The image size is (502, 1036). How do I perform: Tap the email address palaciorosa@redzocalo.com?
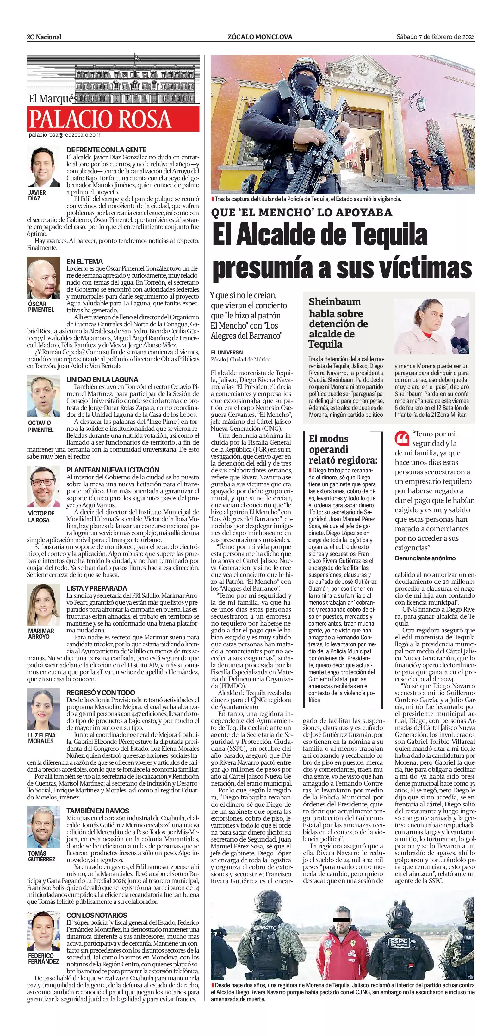click(x=64, y=135)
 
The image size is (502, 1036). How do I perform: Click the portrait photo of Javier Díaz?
click(x=43, y=167)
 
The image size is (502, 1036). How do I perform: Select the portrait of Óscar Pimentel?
click(x=43, y=278)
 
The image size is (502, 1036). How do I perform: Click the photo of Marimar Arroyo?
click(x=43, y=604)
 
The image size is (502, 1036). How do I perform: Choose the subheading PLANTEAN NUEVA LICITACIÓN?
click(x=113, y=470)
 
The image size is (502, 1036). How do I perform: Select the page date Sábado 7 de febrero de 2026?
click(x=435, y=37)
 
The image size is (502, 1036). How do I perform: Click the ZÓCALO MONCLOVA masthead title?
click(x=259, y=37)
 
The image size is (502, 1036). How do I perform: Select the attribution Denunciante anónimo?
click(x=425, y=558)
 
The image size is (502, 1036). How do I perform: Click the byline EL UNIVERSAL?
click(x=228, y=352)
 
